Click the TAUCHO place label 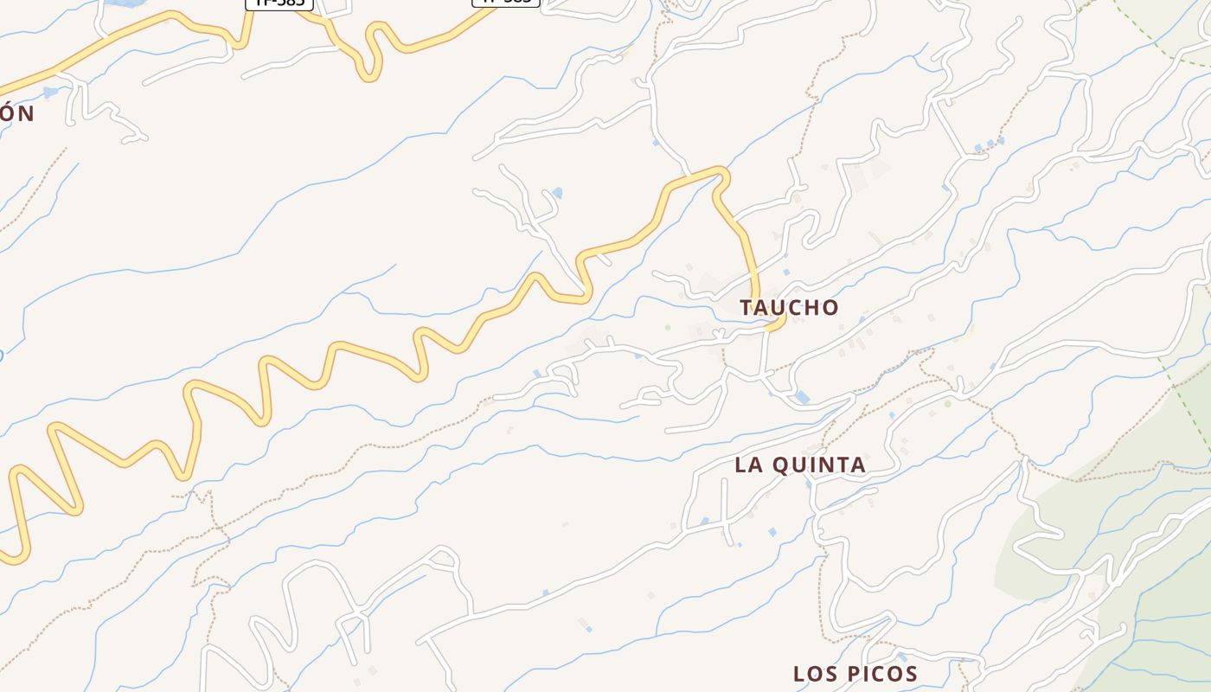pyautogui.click(x=789, y=307)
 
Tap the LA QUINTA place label pyautogui.click(x=800, y=465)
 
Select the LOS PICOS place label pyautogui.click(x=855, y=674)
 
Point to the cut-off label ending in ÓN pyautogui.click(x=16, y=113)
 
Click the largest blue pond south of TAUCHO pyautogui.click(x=803, y=397)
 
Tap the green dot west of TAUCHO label pyautogui.click(x=667, y=327)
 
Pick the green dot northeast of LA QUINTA pyautogui.click(x=947, y=403)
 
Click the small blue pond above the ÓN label pyautogui.click(x=50, y=92)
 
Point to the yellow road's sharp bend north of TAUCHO pyautogui.click(x=720, y=175)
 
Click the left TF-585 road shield pyautogui.click(x=279, y=3)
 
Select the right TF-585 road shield pyautogui.click(x=506, y=3)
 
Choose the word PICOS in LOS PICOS pyautogui.click(x=881, y=674)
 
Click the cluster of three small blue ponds pyautogui.click(x=989, y=144)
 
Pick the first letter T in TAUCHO pyautogui.click(x=746, y=307)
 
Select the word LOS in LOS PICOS pyautogui.click(x=813, y=674)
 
